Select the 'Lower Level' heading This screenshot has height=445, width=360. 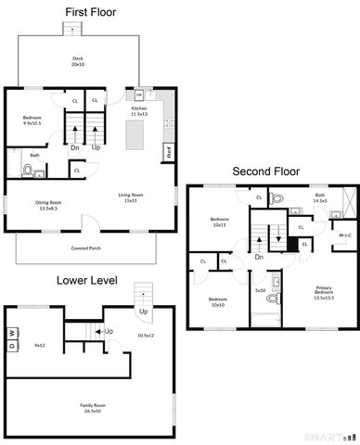(x=85, y=279)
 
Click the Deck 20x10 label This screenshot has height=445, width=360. (x=78, y=62)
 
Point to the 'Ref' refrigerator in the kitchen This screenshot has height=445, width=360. (x=169, y=150)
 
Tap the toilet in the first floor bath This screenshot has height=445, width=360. (x=28, y=171)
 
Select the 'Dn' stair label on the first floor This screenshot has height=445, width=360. (x=74, y=146)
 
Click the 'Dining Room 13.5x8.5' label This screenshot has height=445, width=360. (x=48, y=205)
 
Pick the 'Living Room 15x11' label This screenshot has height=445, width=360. (x=130, y=197)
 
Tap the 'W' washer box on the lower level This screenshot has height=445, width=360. (x=12, y=333)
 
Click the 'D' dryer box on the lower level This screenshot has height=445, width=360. (x=12, y=345)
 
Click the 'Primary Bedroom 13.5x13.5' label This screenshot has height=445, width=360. (x=323, y=292)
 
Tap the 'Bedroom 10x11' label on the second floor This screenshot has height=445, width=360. (x=220, y=222)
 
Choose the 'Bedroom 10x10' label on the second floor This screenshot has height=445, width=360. (x=217, y=301)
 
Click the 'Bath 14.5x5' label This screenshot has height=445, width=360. (x=320, y=198)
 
